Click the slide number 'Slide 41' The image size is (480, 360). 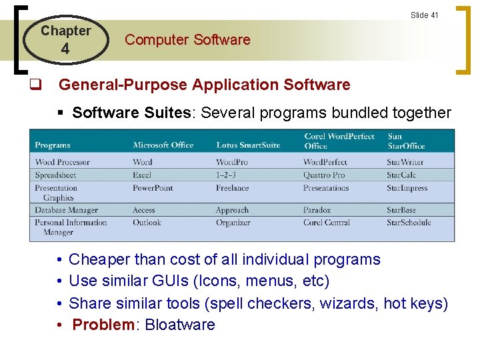click(424, 15)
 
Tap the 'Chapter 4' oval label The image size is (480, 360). click(65, 39)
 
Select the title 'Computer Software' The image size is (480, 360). click(187, 39)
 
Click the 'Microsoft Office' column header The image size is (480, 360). click(163, 145)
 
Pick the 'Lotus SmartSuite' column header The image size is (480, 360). click(249, 145)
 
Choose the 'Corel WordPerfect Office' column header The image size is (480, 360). click(339, 141)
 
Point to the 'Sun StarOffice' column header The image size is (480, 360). click(405, 141)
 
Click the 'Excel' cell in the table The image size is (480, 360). click(142, 175)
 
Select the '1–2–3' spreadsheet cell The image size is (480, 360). click(227, 175)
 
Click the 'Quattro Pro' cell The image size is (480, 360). click(324, 175)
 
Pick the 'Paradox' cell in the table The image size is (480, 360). click(317, 210)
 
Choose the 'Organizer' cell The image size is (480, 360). click(233, 223)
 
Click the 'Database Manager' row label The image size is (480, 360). click(67, 210)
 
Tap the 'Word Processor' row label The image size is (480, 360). click(62, 162)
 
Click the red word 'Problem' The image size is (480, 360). click(103, 325)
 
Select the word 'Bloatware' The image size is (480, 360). click(180, 325)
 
